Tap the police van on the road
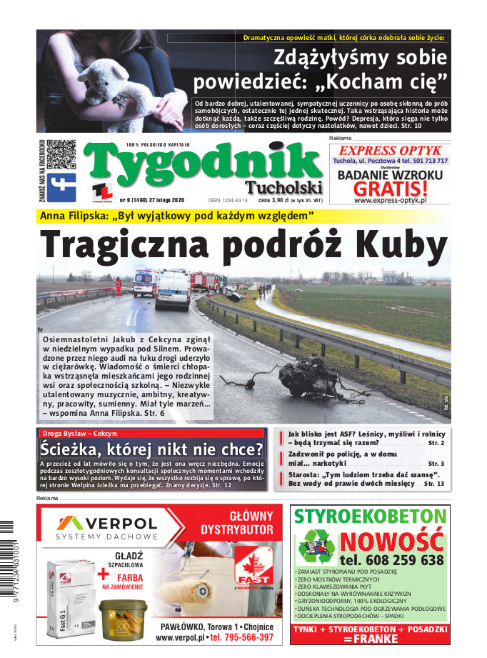tap(172, 288)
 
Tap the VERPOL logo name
tap(118, 522)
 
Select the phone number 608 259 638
tap(391, 560)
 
